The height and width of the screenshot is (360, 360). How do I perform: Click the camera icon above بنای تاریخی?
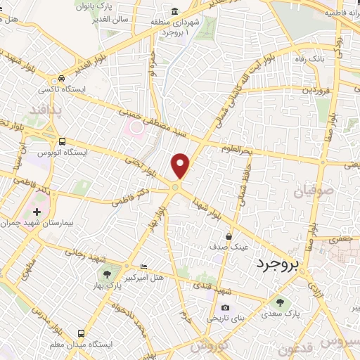(225, 307)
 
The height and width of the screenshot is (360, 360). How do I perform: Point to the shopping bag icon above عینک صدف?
(229, 237)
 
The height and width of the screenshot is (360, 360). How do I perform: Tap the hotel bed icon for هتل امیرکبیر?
(144, 266)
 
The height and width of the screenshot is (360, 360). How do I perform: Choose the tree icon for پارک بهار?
(107, 275)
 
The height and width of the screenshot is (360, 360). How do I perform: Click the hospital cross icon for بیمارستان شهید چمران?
(37, 212)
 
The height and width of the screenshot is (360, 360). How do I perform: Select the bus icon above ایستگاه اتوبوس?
(63, 141)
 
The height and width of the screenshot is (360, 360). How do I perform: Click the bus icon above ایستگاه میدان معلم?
(82, 333)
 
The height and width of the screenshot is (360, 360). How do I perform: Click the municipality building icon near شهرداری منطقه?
(174, 11)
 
